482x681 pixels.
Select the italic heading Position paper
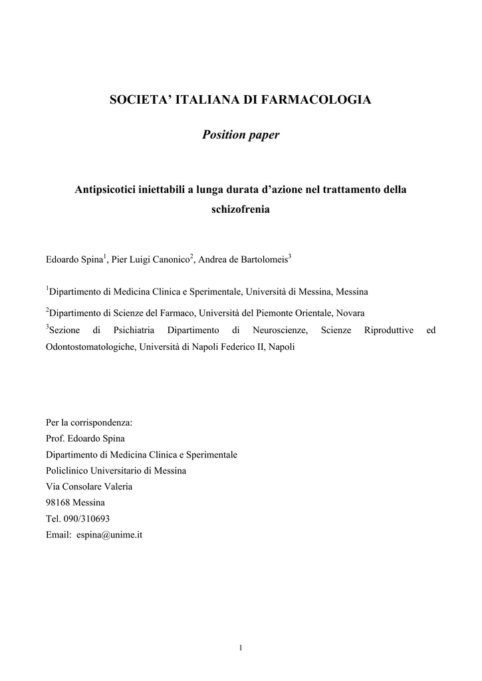(x=241, y=136)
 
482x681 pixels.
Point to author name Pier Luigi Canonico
(x=150, y=259)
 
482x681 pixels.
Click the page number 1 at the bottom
(x=241, y=649)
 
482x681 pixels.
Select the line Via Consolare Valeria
(x=89, y=487)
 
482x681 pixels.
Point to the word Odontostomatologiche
(x=90, y=347)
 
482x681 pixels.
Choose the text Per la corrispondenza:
(x=89, y=423)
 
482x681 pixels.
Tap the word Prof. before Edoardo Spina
(x=55, y=439)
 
